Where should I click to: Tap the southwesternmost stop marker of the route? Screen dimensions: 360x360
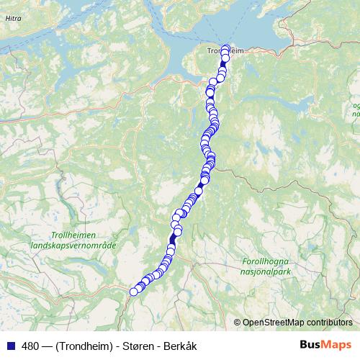click(x=133, y=291)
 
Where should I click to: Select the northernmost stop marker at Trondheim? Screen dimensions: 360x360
click(x=225, y=48)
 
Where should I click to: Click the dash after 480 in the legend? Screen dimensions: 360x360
click(x=45, y=346)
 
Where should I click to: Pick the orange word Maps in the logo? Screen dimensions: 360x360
click(x=337, y=346)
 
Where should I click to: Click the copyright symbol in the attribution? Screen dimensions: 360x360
click(x=238, y=323)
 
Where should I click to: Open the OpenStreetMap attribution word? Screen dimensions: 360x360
click(x=272, y=323)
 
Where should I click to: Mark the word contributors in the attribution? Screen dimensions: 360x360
click(x=328, y=323)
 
